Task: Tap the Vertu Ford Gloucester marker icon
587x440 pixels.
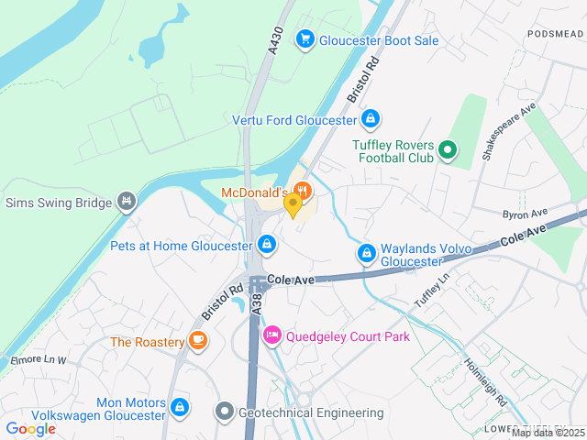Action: coord(370,119)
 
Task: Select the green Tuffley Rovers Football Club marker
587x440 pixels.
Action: coord(447,149)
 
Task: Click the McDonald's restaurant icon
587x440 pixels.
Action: coord(304,192)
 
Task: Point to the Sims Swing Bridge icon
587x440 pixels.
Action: coord(127,201)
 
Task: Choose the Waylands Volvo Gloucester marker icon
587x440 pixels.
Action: coord(366,252)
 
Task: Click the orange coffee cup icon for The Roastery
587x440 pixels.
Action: coord(198,340)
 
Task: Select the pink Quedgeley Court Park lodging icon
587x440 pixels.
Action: coord(271,336)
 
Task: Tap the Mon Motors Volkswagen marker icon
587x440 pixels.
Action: coord(179,404)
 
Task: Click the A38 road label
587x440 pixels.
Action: coord(257,302)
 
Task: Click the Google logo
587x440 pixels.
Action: coord(30,428)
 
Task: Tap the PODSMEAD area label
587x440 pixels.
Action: coord(556,34)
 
